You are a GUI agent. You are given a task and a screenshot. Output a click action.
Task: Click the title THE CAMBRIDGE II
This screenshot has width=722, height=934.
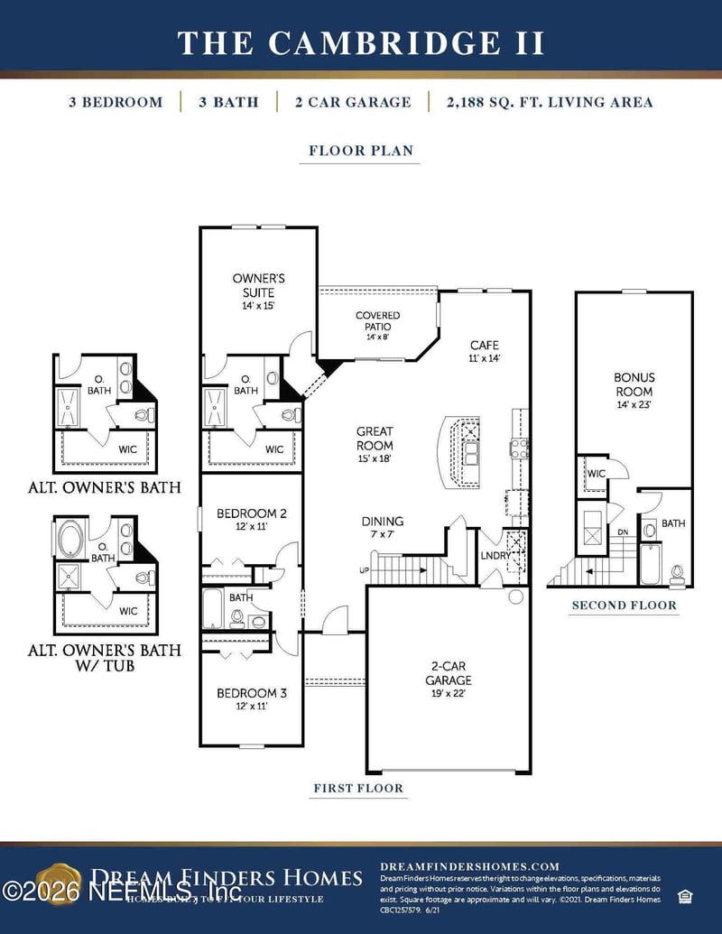pyautogui.click(x=361, y=42)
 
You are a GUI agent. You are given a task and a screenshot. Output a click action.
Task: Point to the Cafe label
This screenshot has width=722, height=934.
pyautogui.click(x=484, y=351)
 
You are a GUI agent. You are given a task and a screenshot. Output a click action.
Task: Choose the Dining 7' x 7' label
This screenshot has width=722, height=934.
pyautogui.click(x=383, y=528)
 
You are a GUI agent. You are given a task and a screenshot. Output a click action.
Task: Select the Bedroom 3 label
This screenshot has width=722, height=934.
pyautogui.click(x=252, y=699)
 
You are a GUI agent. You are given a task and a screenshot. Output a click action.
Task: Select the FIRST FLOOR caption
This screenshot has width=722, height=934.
pyautogui.click(x=358, y=788)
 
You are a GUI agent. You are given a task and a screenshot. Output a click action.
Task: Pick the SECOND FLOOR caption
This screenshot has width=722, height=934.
pyautogui.click(x=624, y=605)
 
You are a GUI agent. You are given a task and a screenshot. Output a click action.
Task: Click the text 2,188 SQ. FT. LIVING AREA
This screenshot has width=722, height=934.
pyautogui.click(x=549, y=102)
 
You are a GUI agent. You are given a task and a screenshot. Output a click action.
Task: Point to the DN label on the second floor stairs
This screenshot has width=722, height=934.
pyautogui.click(x=622, y=532)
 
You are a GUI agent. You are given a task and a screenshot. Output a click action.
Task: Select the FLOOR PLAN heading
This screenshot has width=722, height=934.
pyautogui.click(x=361, y=151)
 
